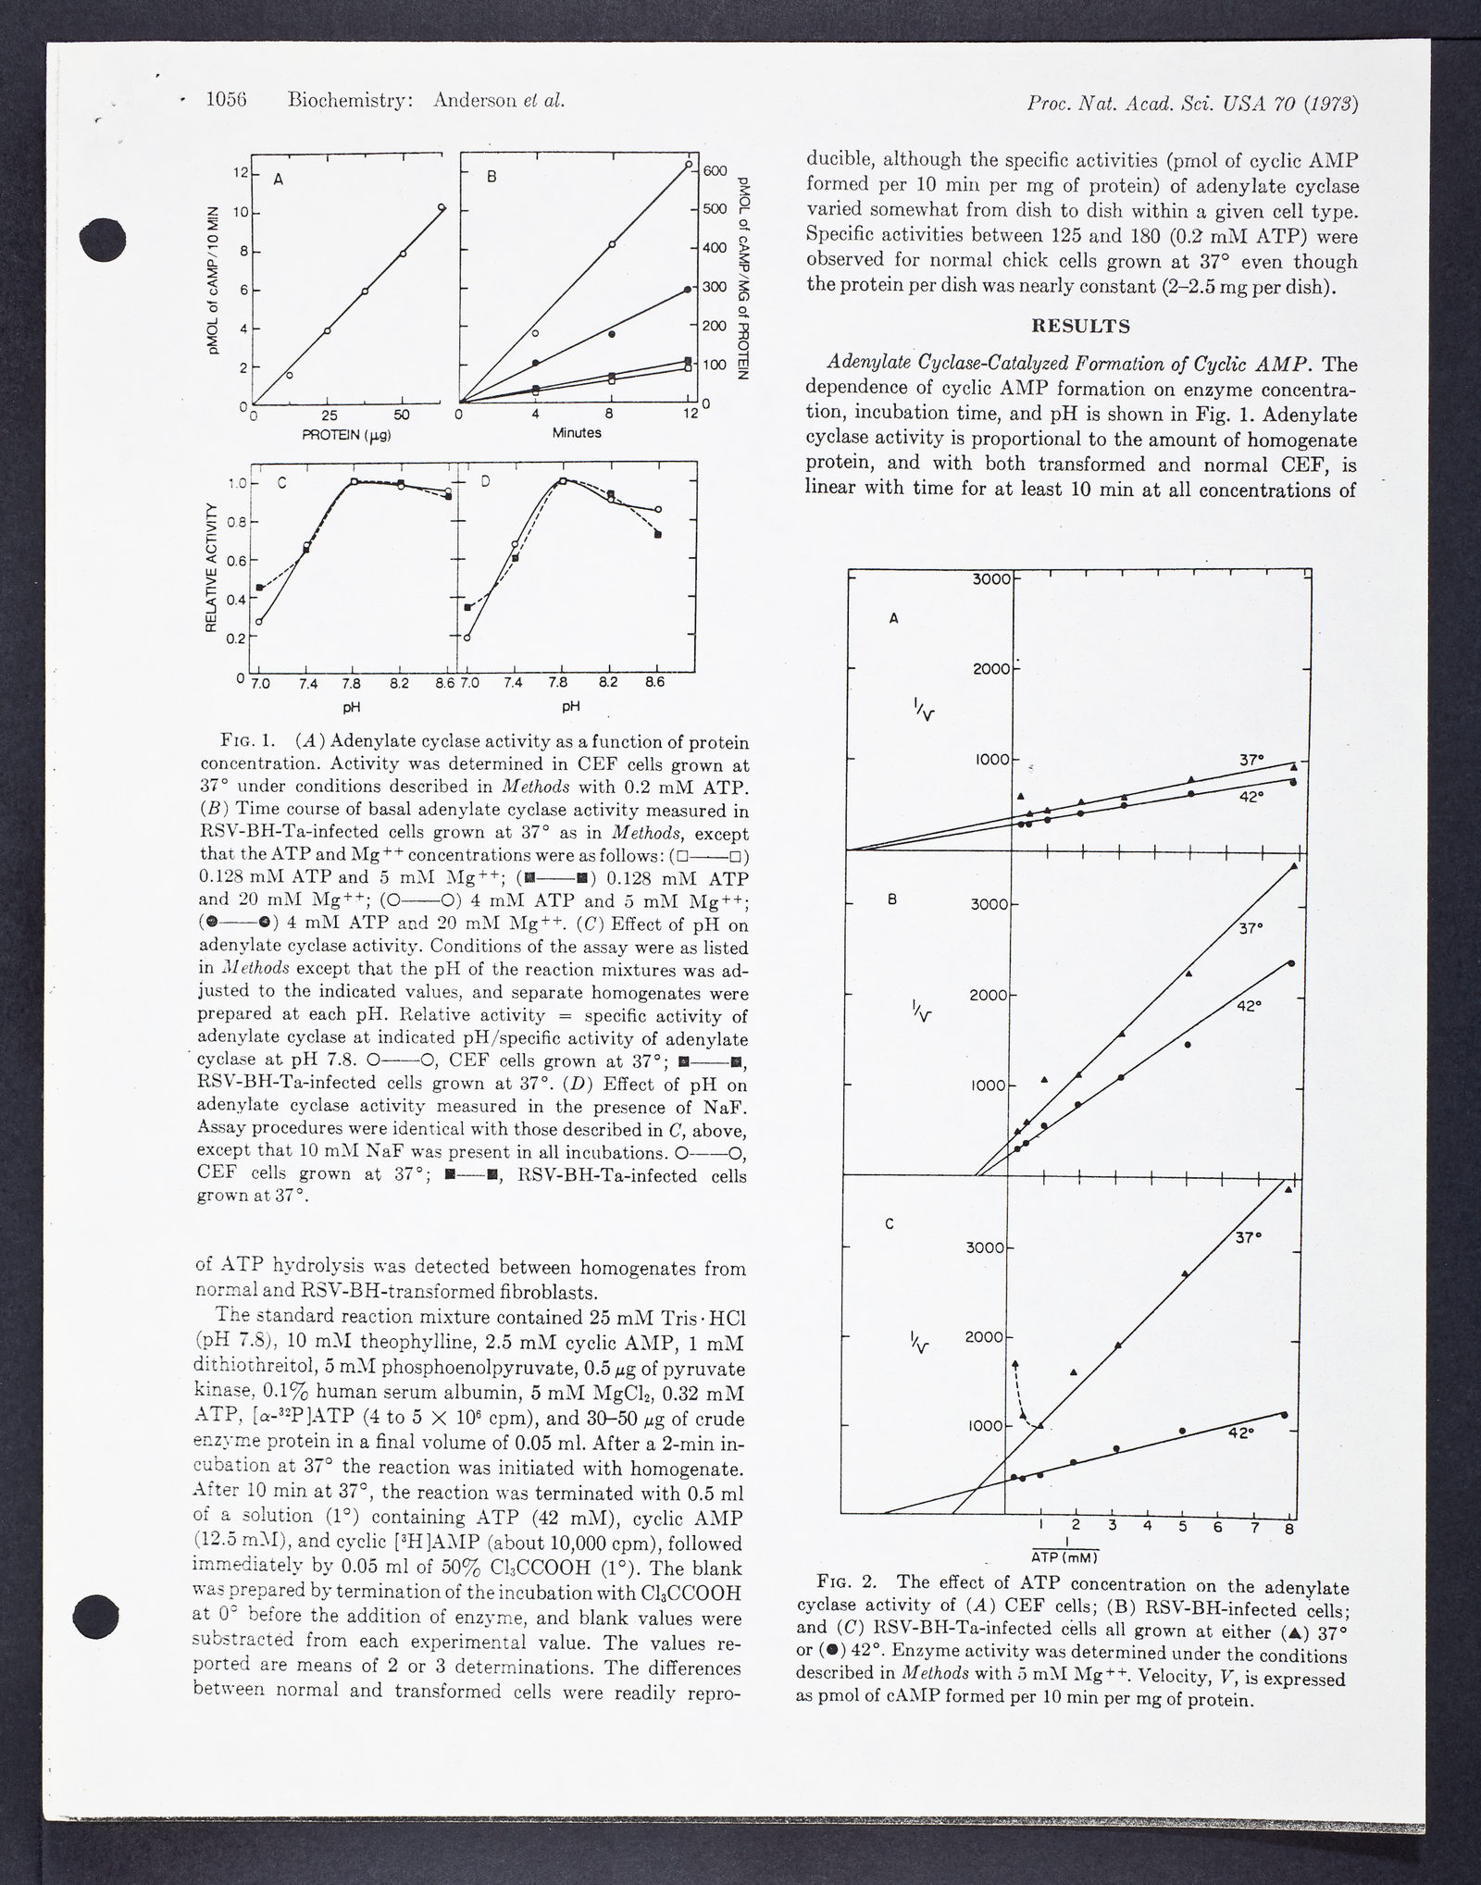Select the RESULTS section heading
click(x=1081, y=327)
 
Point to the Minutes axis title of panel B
click(x=577, y=432)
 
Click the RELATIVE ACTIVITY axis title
click(x=211, y=567)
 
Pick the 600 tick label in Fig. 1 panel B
click(x=718, y=171)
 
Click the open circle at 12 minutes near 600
click(x=689, y=165)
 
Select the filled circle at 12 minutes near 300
click(x=687, y=290)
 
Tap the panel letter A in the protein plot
click(x=277, y=182)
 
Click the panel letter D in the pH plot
click(x=484, y=481)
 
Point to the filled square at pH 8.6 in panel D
click(x=658, y=535)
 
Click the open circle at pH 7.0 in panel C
click(x=259, y=622)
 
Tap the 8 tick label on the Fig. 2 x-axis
click(x=1288, y=1528)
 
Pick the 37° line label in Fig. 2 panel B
click(x=1251, y=927)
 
